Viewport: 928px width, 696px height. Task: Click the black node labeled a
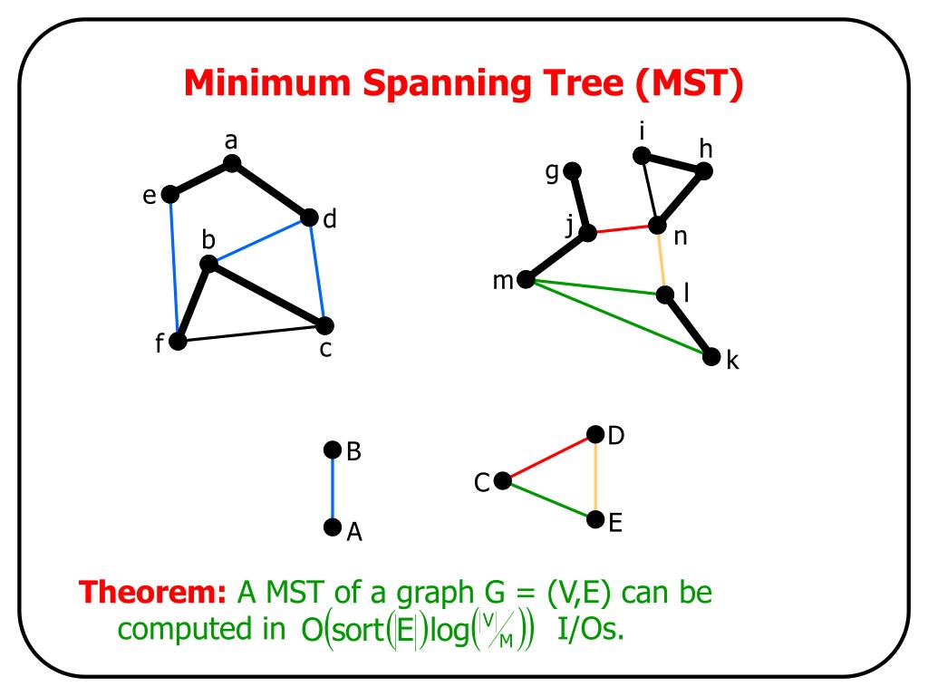pyautogui.click(x=231, y=163)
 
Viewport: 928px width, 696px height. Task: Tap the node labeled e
pyautogui.click(x=169, y=194)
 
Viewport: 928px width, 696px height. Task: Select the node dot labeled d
pyautogui.click(x=309, y=217)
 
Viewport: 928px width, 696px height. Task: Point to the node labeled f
pyautogui.click(x=178, y=341)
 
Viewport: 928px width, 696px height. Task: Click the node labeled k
pyautogui.click(x=710, y=356)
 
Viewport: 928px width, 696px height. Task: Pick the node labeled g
pyautogui.click(x=572, y=171)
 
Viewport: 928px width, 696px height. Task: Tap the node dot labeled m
pyautogui.click(x=526, y=279)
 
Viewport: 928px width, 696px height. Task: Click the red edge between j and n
pyautogui.click(x=622, y=228)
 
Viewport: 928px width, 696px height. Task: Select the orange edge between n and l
pyautogui.click(x=661, y=260)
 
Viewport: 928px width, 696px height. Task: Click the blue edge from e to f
pyautogui.click(x=173, y=267)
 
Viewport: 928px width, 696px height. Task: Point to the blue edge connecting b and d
pyautogui.click(x=258, y=240)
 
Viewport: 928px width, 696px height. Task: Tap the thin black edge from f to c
pyautogui.click(x=251, y=333)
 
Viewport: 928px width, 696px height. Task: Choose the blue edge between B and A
pyautogui.click(x=333, y=488)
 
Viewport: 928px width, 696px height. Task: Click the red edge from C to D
pyautogui.click(x=548, y=457)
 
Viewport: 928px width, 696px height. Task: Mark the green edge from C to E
pyautogui.click(x=548, y=500)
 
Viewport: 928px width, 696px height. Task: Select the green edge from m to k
pyautogui.click(x=618, y=318)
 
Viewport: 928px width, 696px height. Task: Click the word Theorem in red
pyautogui.click(x=152, y=592)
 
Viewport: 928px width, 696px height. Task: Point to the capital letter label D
pyautogui.click(x=616, y=436)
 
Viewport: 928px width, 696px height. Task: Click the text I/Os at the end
pyautogui.click(x=591, y=629)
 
